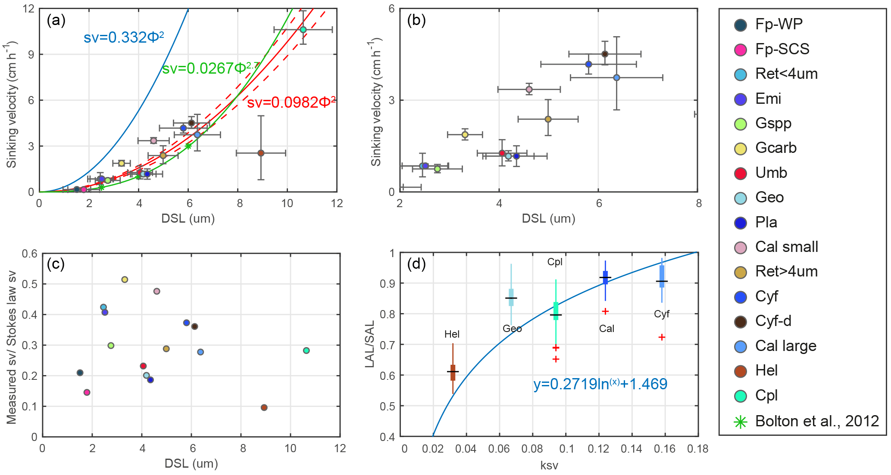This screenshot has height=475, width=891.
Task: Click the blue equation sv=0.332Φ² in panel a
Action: tap(124, 38)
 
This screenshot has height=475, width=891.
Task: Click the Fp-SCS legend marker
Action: tap(741, 50)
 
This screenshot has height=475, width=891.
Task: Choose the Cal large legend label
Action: tap(785, 346)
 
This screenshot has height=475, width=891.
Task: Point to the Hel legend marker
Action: tap(741, 371)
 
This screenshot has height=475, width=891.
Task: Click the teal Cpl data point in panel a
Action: tap(303, 30)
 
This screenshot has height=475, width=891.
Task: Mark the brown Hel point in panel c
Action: tap(264, 407)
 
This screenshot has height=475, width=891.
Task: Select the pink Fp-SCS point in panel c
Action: tap(87, 392)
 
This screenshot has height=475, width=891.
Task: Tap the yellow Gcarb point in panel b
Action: tap(465, 135)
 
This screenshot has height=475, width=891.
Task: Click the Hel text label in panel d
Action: tap(452, 334)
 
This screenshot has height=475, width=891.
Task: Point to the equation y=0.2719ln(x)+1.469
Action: tap(600, 384)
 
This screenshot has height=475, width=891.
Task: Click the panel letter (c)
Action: tap(56, 264)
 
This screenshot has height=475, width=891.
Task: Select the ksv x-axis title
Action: tap(549, 465)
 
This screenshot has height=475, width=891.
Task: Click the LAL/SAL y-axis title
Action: tap(369, 345)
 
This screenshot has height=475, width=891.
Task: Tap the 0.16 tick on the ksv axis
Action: tap(664, 449)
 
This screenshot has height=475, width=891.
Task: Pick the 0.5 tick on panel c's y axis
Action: tap(30, 284)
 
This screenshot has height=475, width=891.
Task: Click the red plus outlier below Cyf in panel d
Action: tap(662, 337)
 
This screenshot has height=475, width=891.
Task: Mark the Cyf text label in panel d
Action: tap(661, 314)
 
